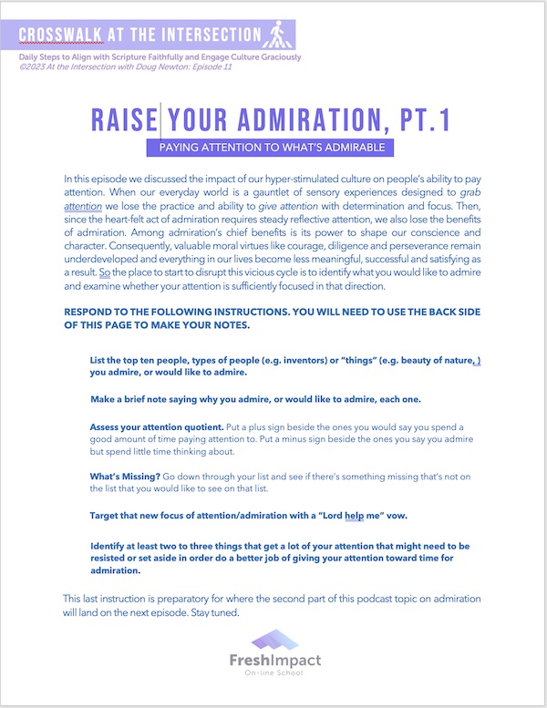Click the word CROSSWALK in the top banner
[59, 36]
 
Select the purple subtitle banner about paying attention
[273, 147]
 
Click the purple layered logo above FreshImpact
[274, 641]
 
